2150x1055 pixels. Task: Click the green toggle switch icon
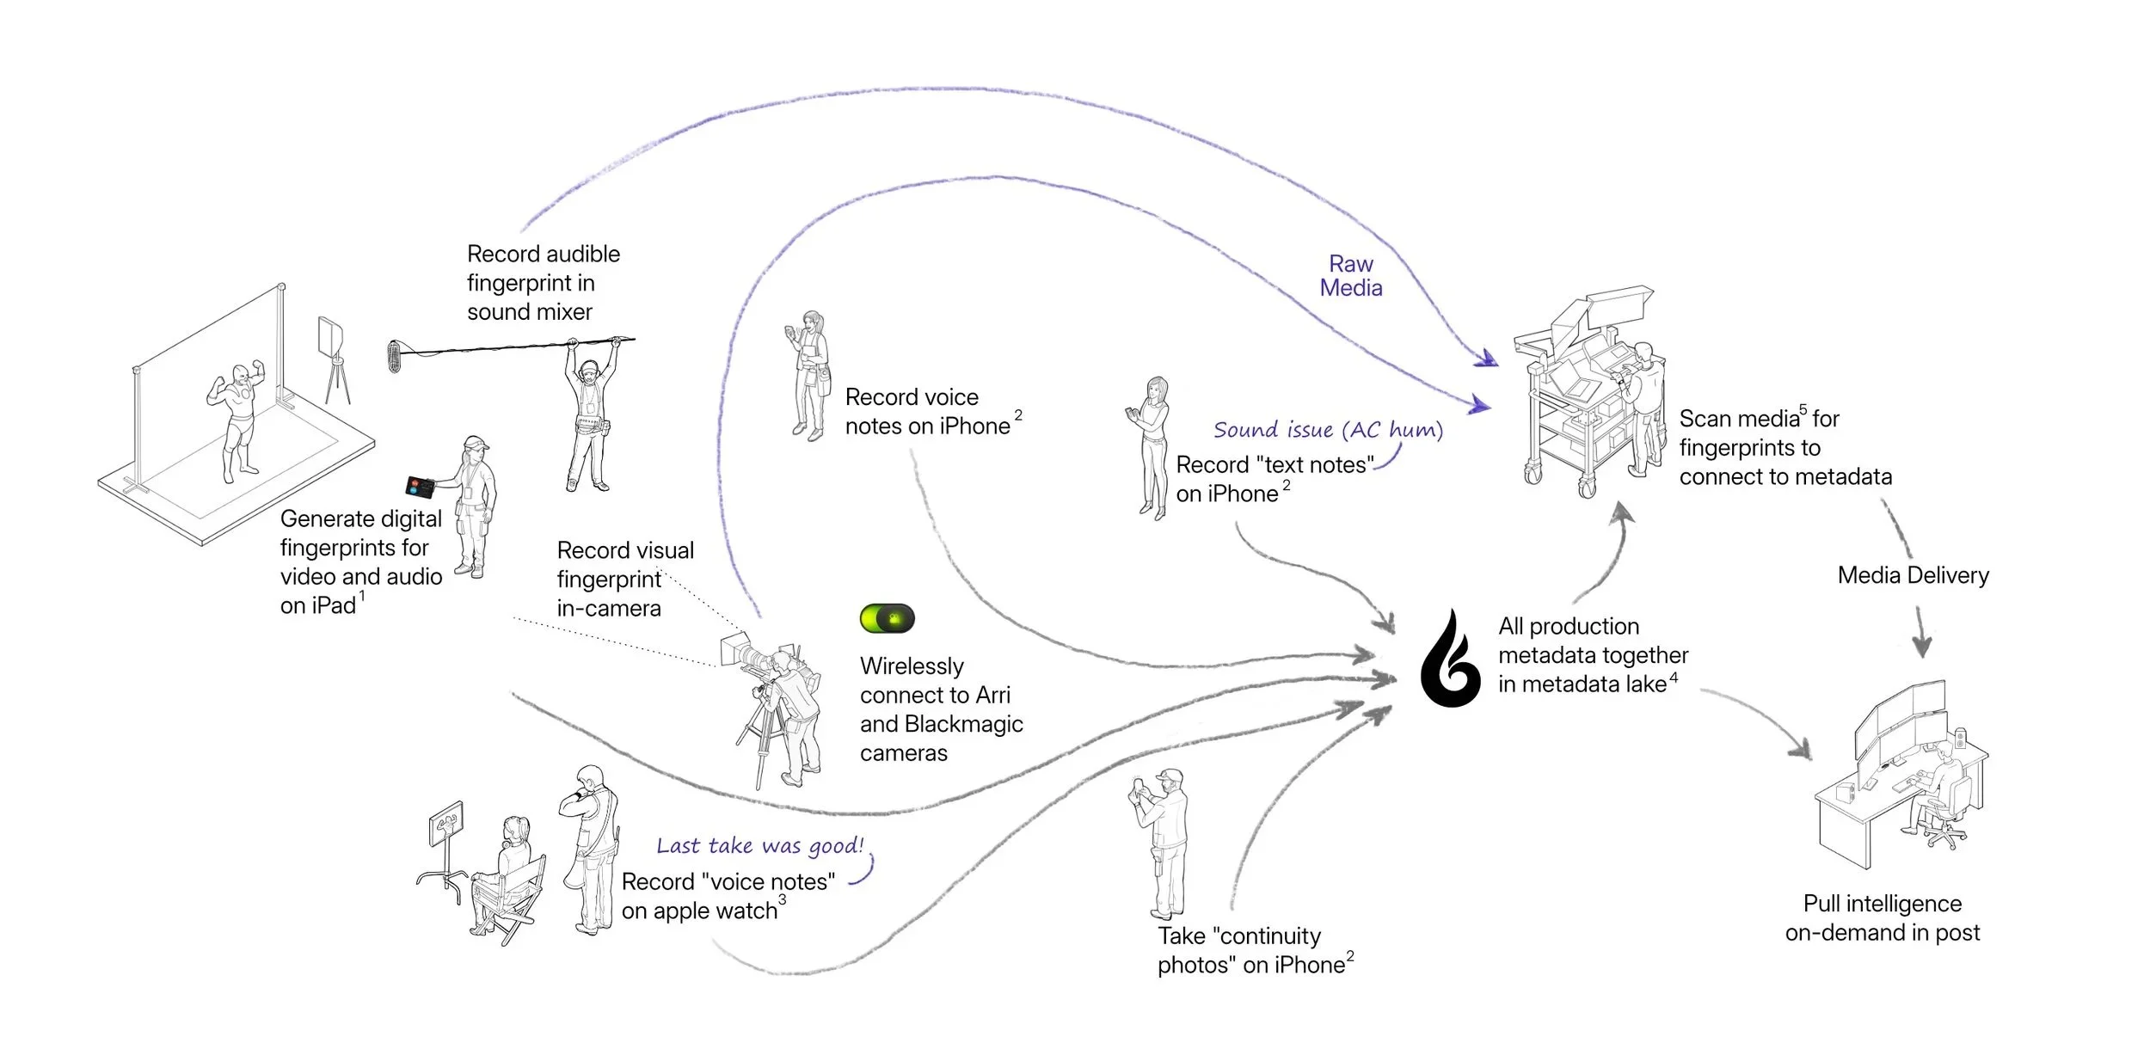(887, 619)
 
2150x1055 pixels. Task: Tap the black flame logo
(1452, 660)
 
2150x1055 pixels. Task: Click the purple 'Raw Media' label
(1351, 276)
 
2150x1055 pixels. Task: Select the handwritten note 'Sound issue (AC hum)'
(1327, 430)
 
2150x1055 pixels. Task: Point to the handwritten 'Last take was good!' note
(759, 846)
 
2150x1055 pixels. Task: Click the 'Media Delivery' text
(1913, 575)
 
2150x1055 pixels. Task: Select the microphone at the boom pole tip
(395, 356)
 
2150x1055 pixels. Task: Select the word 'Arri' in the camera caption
(992, 696)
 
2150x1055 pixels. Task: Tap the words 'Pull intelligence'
(1882, 904)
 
